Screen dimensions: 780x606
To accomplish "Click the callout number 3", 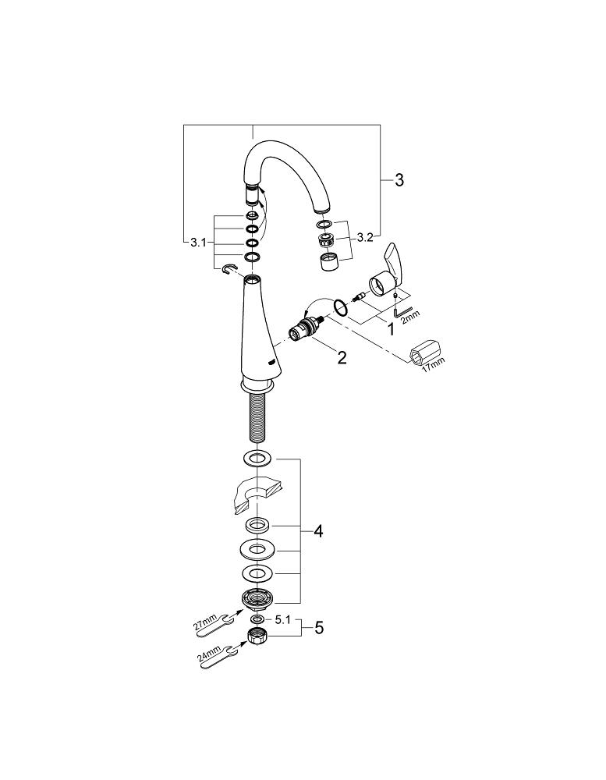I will pos(399,181).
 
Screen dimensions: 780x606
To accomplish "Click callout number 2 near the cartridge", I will pos(341,358).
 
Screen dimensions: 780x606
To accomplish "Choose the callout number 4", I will pos(317,531).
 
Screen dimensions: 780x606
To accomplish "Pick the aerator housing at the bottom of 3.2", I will pos(329,262).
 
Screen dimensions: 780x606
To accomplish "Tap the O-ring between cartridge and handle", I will pos(340,307).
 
